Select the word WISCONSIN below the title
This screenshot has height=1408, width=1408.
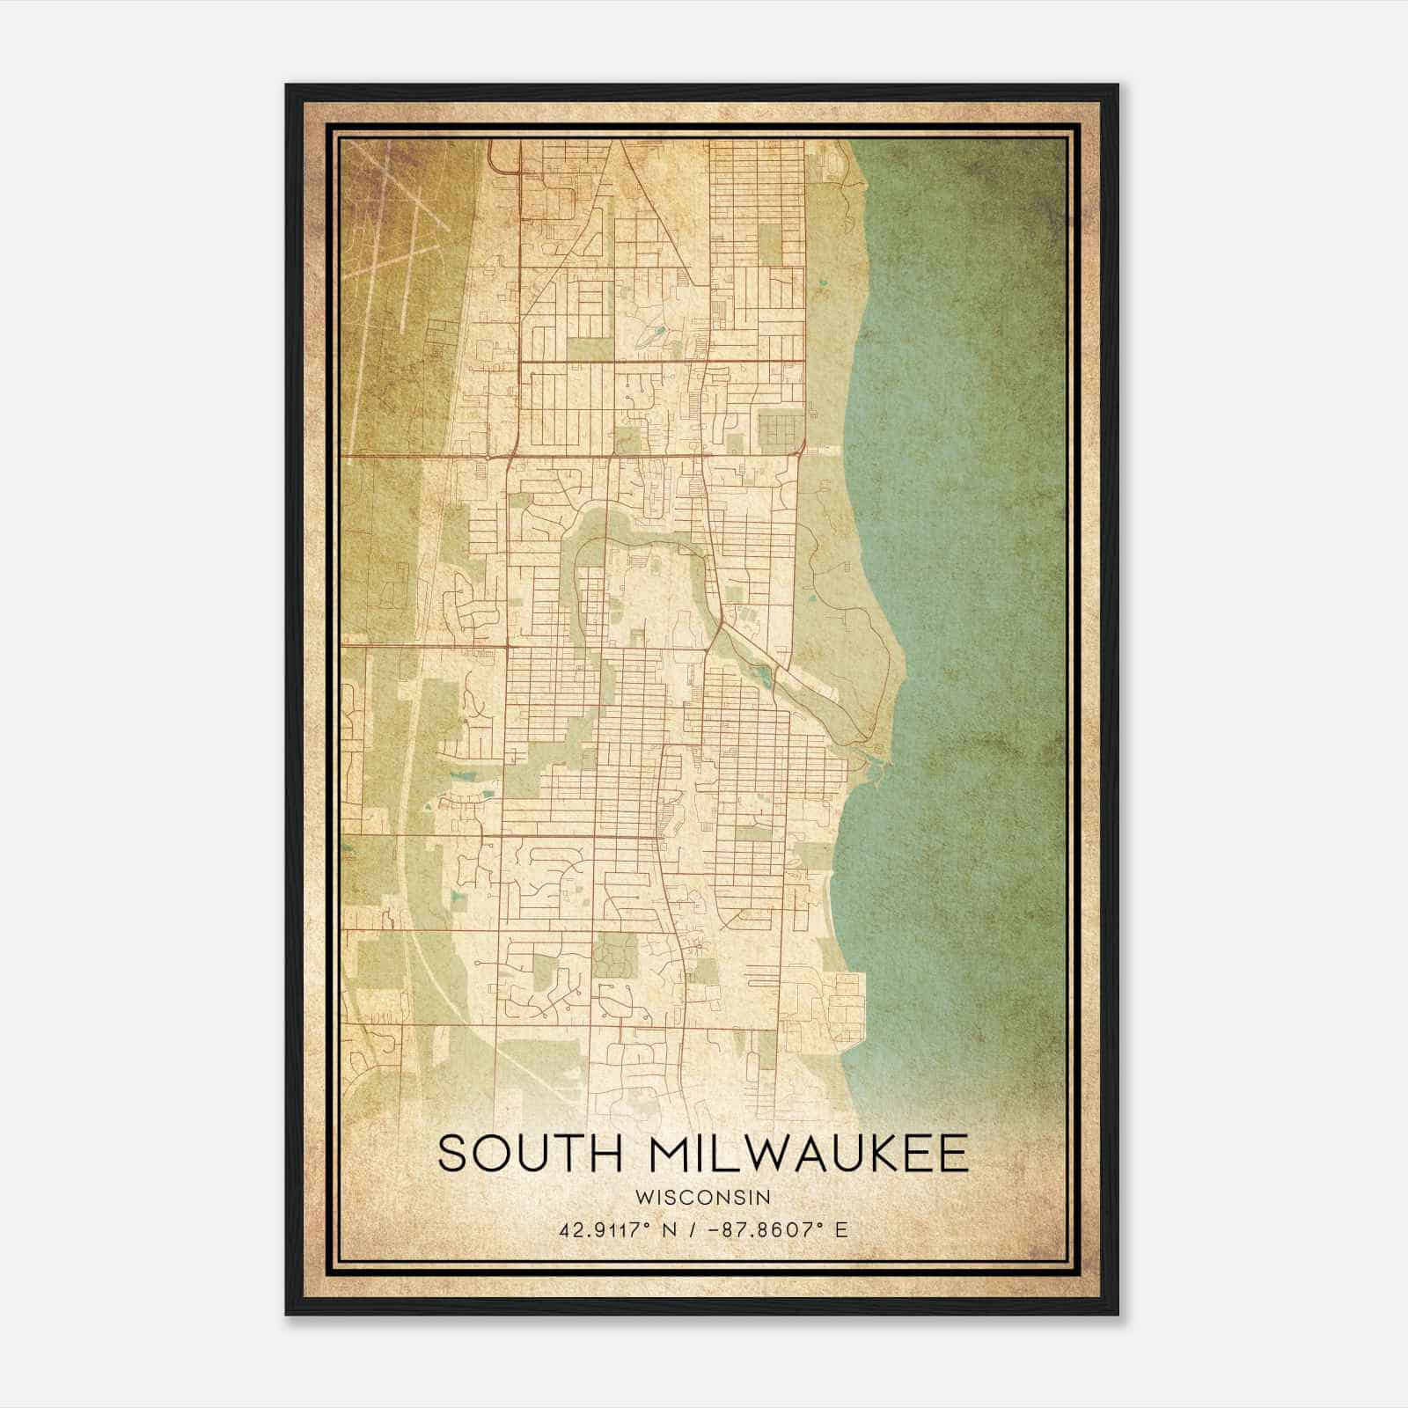pyautogui.click(x=703, y=1197)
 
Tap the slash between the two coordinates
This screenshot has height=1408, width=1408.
pyautogui.click(x=695, y=1229)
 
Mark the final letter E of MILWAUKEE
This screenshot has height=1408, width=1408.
pyautogui.click(x=953, y=1154)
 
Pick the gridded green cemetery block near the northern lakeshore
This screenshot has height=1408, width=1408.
pyautogui.click(x=779, y=429)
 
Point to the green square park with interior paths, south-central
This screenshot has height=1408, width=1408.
pyautogui.click(x=614, y=955)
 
